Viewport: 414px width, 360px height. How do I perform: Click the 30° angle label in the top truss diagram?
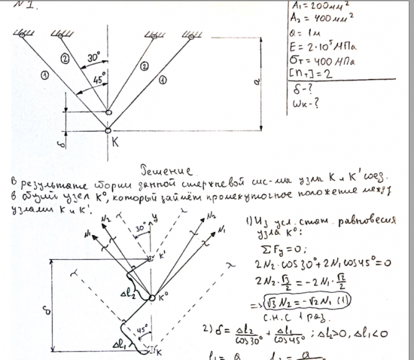coord(94,58)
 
